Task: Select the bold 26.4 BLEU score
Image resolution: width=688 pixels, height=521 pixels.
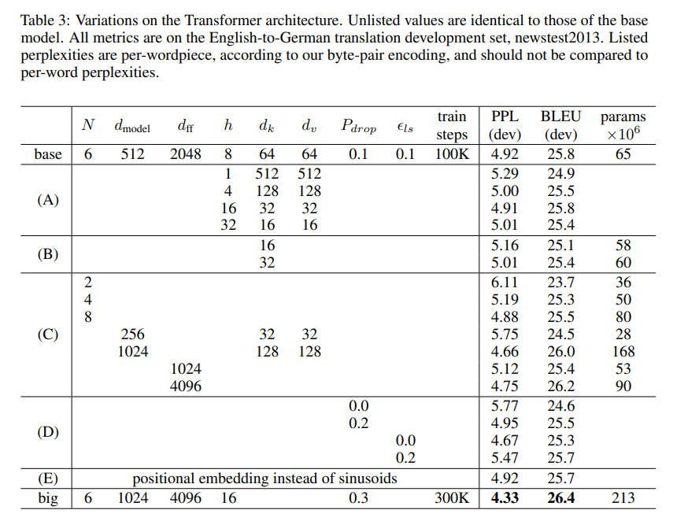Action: (560, 498)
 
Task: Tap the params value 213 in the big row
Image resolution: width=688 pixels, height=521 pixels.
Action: (623, 498)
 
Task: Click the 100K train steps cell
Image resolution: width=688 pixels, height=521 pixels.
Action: (452, 154)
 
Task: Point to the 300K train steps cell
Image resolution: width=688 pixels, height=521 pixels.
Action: (452, 498)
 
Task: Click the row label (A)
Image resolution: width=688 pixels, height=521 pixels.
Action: (48, 199)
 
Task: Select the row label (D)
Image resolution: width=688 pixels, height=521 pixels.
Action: (48, 432)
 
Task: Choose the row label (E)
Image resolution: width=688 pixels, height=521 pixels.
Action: (48, 478)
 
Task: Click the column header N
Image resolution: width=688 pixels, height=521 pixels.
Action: (88, 124)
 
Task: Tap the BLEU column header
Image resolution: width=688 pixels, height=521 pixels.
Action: (560, 116)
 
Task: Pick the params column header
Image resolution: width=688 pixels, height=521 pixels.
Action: (623, 116)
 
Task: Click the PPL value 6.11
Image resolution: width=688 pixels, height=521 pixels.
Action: (505, 283)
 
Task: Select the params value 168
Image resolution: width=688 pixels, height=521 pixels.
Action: (623, 352)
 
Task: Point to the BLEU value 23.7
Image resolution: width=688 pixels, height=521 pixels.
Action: (560, 283)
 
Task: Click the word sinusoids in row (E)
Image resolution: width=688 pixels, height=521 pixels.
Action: (366, 478)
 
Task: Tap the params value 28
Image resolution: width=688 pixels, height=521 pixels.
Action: (623, 334)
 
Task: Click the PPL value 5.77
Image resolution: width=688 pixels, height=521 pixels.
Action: (505, 406)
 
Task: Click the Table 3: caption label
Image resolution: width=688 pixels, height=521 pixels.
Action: (46, 20)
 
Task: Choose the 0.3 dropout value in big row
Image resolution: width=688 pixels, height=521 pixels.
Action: (358, 498)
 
